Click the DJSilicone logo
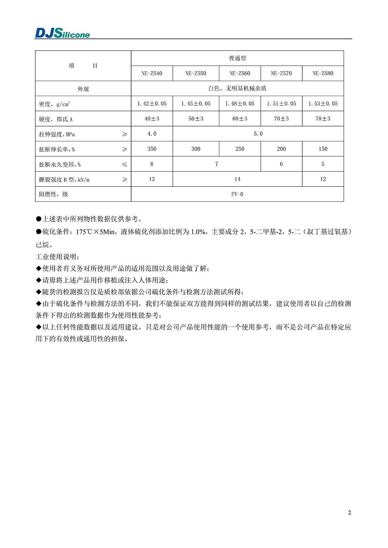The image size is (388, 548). (x=62, y=33)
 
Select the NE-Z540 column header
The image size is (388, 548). (x=152, y=73)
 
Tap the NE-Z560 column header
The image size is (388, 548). (x=240, y=73)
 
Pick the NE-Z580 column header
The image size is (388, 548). (x=323, y=73)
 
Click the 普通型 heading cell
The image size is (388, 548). (x=237, y=58)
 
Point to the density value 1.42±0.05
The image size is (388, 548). (x=152, y=103)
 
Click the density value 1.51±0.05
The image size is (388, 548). (x=281, y=103)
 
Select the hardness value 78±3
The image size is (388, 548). (x=323, y=119)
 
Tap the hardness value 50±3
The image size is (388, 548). (x=196, y=119)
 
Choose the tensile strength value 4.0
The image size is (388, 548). (x=152, y=134)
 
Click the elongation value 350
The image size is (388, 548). (x=152, y=149)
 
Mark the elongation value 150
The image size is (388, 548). (x=323, y=149)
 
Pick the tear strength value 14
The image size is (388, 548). (x=237, y=179)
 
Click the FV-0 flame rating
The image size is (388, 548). (x=237, y=194)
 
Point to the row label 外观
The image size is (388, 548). (x=83, y=89)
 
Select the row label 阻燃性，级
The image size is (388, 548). (x=54, y=194)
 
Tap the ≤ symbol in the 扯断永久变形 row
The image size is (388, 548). (x=125, y=164)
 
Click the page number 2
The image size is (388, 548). (x=350, y=512)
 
